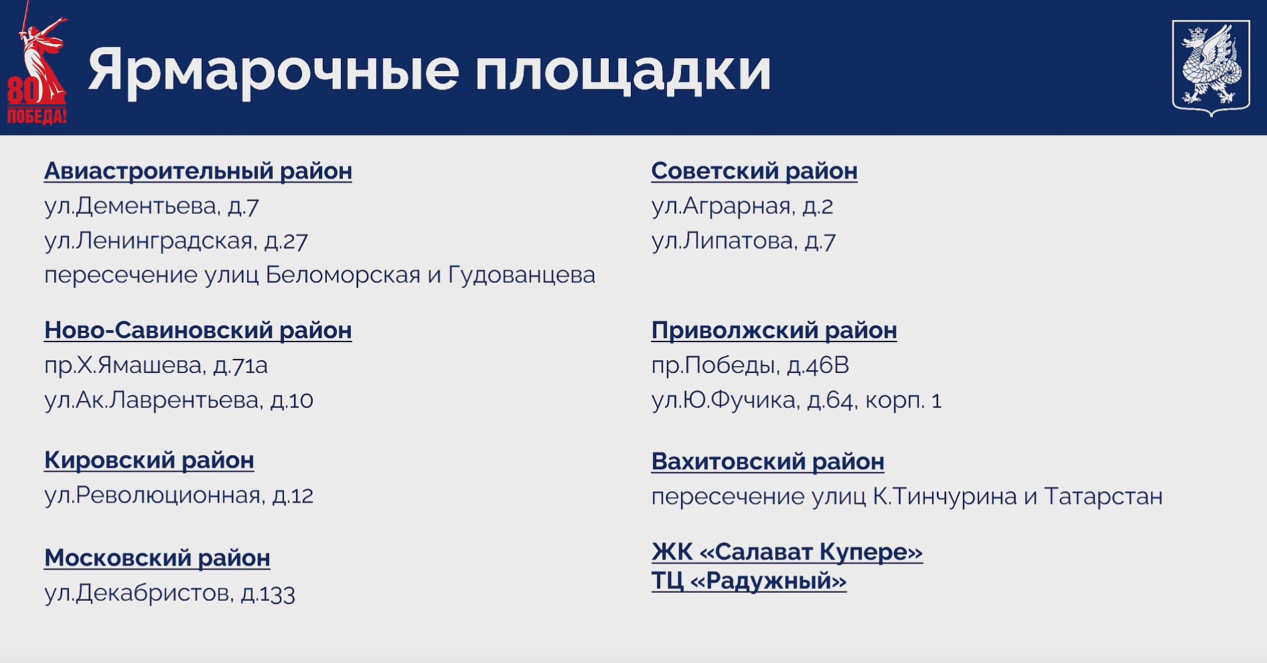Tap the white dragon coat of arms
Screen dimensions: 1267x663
click(x=1211, y=68)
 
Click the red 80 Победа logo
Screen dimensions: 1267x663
click(x=36, y=63)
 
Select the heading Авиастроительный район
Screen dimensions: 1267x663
click(x=198, y=171)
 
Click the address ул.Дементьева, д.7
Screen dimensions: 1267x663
click(x=152, y=206)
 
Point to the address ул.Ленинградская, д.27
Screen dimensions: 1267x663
click(x=176, y=241)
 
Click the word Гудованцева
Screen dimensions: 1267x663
click(x=521, y=275)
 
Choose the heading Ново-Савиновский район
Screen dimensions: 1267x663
click(x=198, y=330)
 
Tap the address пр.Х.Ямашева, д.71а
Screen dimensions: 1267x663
click(x=156, y=366)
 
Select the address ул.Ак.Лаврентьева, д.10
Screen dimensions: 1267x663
click(x=178, y=400)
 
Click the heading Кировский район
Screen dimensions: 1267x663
click(x=149, y=460)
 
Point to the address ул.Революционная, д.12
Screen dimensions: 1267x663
click(x=178, y=495)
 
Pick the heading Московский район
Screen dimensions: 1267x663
click(x=157, y=558)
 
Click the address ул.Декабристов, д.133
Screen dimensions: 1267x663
click(x=170, y=593)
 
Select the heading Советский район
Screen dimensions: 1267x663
click(x=754, y=171)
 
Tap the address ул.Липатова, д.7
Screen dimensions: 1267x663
click(x=744, y=241)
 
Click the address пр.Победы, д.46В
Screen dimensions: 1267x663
click(x=750, y=366)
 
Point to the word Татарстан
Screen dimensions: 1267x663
click(x=1103, y=497)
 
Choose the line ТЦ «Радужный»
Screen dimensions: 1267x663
click(x=749, y=581)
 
